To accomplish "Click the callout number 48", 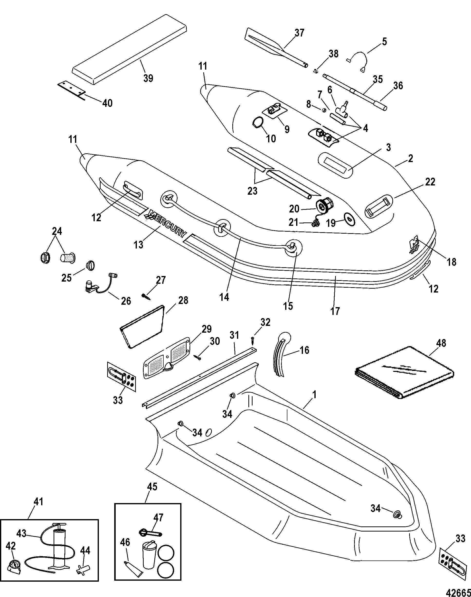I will tap(441, 343).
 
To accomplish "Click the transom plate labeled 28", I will tap(142, 327).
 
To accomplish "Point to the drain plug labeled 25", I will tap(91, 266).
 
